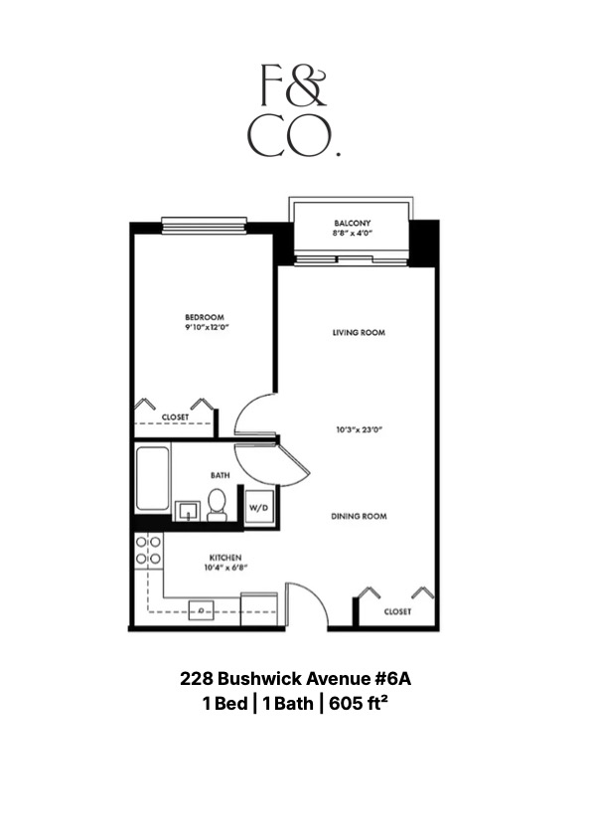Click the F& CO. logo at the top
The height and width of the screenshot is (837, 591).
294,110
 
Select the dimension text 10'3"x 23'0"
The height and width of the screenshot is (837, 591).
358,430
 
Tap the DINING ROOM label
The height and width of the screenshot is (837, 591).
359,516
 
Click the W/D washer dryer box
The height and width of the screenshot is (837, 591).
258,506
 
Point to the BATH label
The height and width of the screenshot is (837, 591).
220,475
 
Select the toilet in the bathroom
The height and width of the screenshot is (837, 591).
218,505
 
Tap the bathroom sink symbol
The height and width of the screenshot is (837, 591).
186,511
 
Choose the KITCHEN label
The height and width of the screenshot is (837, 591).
226,558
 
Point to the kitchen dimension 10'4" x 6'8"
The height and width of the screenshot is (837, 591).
226,569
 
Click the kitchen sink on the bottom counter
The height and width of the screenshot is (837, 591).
203,609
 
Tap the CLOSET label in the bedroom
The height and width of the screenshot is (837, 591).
175,417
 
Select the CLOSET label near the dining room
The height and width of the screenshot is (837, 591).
397,611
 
